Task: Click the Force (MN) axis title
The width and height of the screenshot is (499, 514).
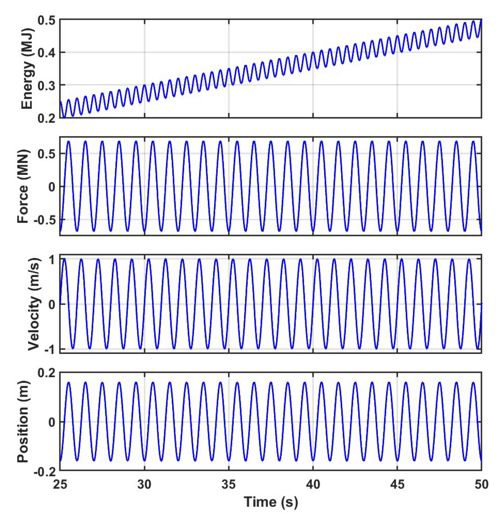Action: click(23, 186)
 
